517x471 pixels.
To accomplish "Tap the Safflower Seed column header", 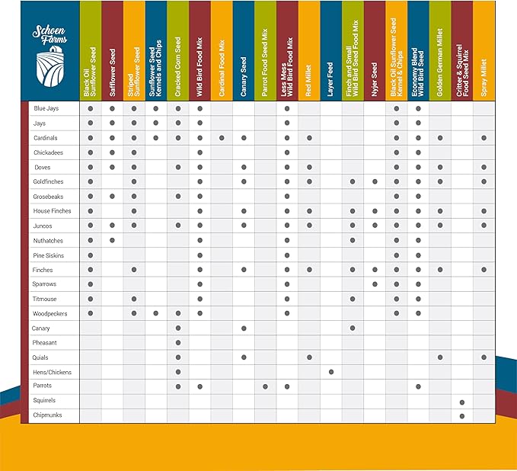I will click(x=112, y=51).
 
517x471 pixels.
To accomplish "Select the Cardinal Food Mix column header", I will click(x=222, y=51).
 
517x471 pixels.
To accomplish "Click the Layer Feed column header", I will click(x=331, y=51).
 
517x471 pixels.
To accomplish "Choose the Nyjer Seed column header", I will click(x=375, y=51).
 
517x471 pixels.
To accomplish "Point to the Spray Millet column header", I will click(x=484, y=51).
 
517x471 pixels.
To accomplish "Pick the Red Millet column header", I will click(x=309, y=51).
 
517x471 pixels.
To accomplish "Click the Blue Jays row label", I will click(x=46, y=109).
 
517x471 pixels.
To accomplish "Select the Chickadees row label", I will click(x=48, y=152).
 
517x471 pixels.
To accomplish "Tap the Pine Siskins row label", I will click(x=48, y=255).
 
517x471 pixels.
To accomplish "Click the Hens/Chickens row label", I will click(x=52, y=371).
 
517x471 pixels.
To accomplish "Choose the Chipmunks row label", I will click(x=48, y=415).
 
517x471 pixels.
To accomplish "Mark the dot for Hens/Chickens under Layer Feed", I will click(x=331, y=372).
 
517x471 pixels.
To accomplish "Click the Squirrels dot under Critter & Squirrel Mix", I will click(x=462, y=401).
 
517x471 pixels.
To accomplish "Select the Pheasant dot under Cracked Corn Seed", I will click(x=178, y=343).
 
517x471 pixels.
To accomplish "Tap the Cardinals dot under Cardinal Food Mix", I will click(x=222, y=138).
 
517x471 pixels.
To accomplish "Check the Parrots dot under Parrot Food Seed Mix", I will click(x=266, y=386).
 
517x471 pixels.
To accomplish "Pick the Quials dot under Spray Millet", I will click(x=484, y=357).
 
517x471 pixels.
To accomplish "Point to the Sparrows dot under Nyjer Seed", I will click(x=375, y=284).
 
